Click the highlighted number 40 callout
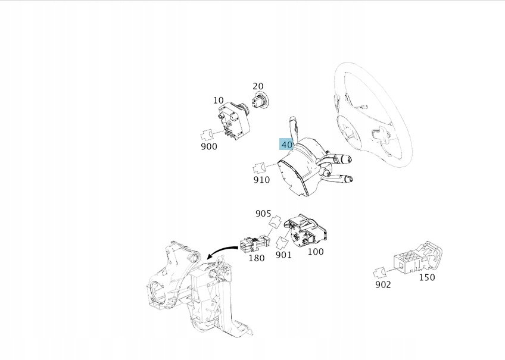click(x=286, y=144)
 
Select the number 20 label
click(x=258, y=86)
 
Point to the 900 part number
click(x=209, y=146)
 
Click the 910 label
click(x=261, y=180)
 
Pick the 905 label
click(x=263, y=214)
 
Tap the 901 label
click(x=283, y=255)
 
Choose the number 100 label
click(x=315, y=252)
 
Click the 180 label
click(x=256, y=258)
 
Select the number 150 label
click(x=427, y=277)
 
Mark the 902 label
click(x=383, y=284)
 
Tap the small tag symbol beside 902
click(x=379, y=273)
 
